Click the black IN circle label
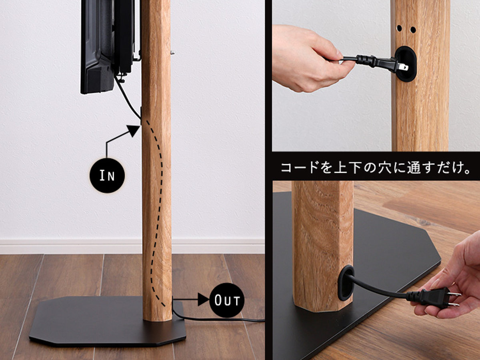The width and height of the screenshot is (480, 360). pos(107,176)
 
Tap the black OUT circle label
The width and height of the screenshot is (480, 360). pos(227,300)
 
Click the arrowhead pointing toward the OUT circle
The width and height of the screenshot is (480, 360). pos(203,300)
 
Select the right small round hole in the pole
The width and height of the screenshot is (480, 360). pos(413,30)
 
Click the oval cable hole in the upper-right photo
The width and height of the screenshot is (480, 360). pos(406,64)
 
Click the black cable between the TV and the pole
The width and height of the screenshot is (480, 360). pos(128,98)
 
